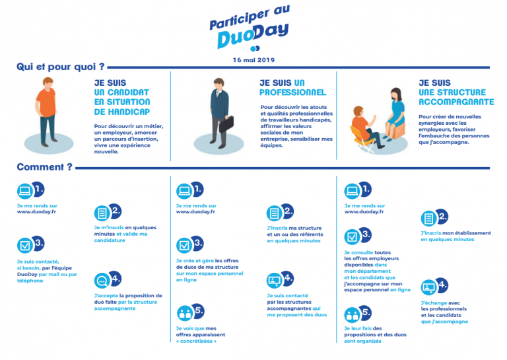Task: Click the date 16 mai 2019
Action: click(x=253, y=59)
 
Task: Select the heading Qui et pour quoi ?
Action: click(x=60, y=67)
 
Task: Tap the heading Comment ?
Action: click(x=44, y=167)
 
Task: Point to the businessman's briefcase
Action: click(x=226, y=124)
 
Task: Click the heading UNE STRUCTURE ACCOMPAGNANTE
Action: click(x=456, y=98)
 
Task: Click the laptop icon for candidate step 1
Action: click(x=24, y=191)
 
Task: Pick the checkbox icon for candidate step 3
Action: click(x=24, y=245)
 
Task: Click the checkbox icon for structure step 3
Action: click(x=352, y=236)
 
